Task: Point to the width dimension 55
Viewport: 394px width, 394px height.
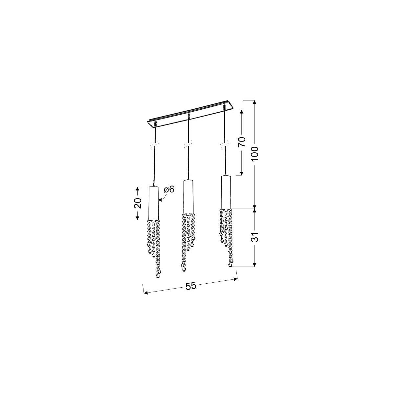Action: coord(190,286)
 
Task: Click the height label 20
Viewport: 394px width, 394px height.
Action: coord(138,204)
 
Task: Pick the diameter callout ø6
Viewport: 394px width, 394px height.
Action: coord(168,189)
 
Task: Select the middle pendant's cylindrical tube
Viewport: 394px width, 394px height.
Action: coord(188,196)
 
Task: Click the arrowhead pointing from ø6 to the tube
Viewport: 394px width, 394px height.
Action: coord(160,199)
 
